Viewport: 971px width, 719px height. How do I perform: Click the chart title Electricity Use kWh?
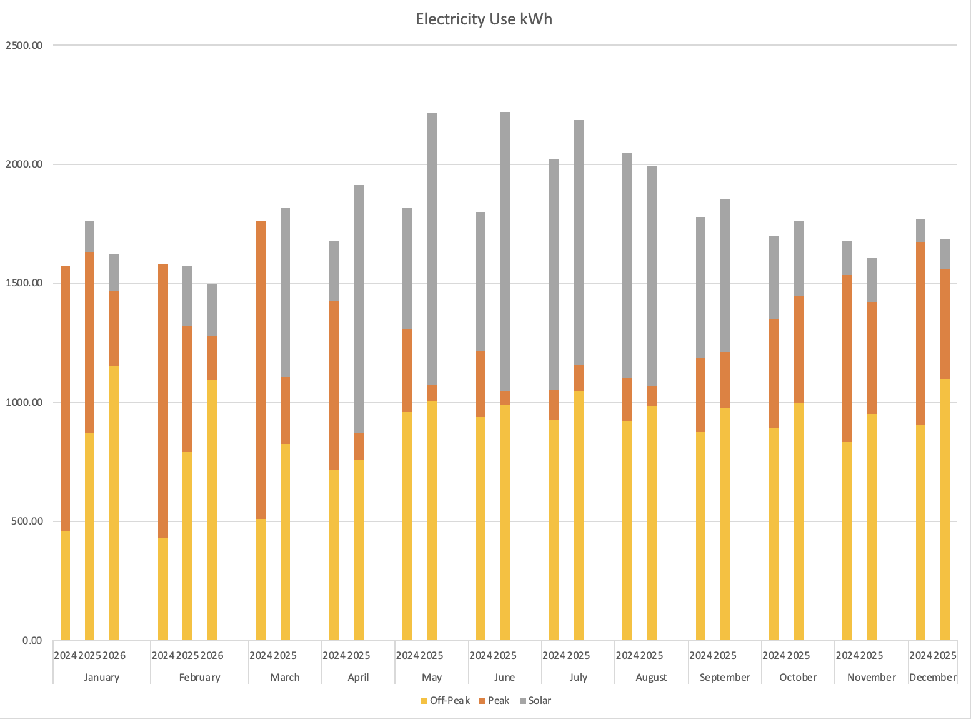tap(484, 19)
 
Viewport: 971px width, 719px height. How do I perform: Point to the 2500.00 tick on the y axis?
tap(24, 45)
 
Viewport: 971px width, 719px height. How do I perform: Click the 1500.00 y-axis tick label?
tap(24, 283)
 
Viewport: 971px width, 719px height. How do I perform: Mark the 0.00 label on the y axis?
tap(32, 640)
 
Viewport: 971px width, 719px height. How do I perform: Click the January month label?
tap(101, 677)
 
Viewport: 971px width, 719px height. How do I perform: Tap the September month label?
tap(724, 677)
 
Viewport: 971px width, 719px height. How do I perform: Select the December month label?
tap(932, 677)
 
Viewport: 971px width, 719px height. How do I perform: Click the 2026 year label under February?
tap(212, 655)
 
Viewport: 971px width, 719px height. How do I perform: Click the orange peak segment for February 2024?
tap(163, 401)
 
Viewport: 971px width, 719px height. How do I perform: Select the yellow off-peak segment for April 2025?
tap(359, 550)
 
